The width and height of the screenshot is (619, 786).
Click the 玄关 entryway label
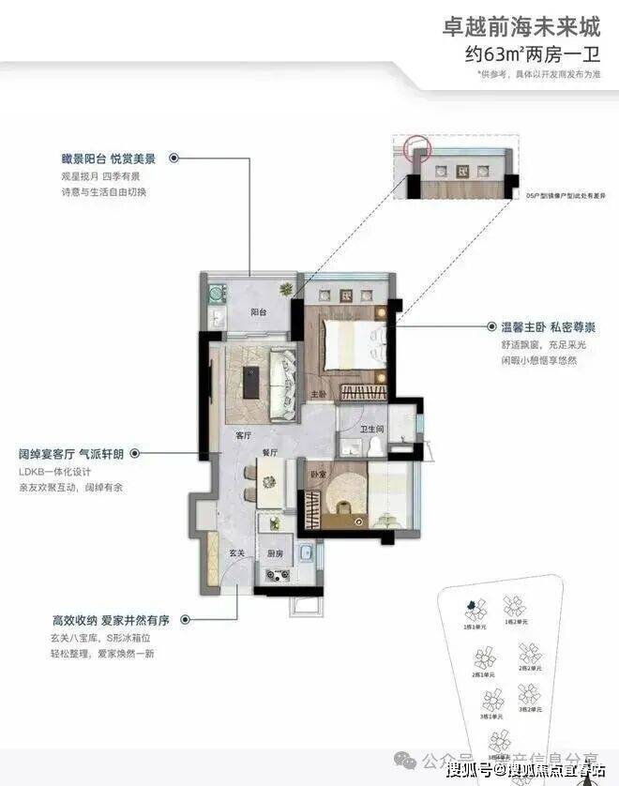coord(210,553)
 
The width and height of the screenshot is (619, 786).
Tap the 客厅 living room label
coord(243,436)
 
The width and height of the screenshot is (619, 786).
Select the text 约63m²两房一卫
coord(532,53)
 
